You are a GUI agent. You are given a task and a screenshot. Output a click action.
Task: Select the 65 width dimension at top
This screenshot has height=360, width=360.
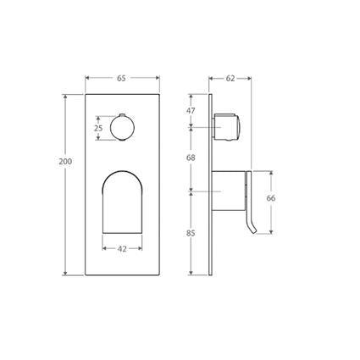[121, 78]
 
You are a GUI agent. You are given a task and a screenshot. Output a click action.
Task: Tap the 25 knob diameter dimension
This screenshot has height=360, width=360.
[98, 128]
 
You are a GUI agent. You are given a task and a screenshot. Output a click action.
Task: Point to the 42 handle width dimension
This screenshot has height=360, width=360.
[122, 248]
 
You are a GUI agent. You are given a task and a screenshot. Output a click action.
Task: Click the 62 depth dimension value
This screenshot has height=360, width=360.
[230, 78]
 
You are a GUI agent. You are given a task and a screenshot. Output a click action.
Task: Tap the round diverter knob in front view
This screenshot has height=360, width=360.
[122, 128]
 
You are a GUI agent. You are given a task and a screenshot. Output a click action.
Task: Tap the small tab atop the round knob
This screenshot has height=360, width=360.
[122, 113]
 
